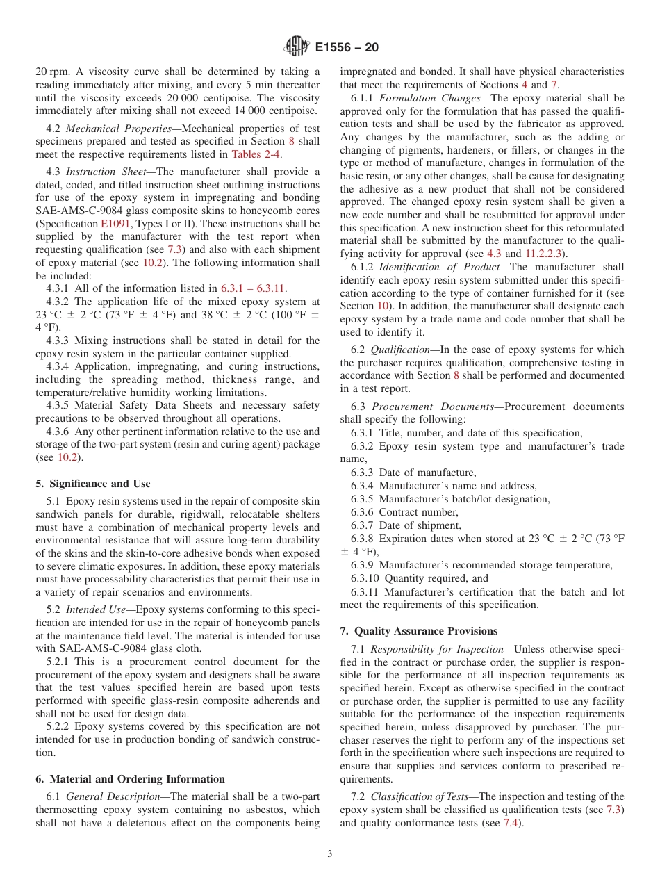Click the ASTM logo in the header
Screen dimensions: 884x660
pos(297,47)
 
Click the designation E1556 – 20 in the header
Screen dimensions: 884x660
pos(347,48)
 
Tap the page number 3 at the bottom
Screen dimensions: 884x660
pos(330,854)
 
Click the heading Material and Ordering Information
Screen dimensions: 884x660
pos(131,779)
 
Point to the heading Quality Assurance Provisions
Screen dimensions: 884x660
pos(419,631)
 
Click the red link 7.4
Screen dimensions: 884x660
pos(512,823)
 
